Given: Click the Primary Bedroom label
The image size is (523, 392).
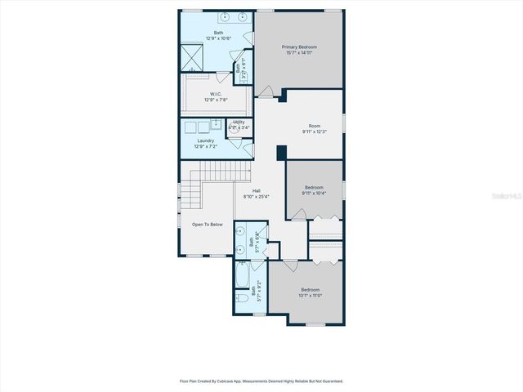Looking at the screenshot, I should coord(299,47).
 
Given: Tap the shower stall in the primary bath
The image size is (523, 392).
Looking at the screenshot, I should coord(194,56).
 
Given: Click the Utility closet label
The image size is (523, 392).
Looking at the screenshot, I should coord(239,122).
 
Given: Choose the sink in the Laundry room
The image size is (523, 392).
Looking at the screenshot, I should coord(216,126).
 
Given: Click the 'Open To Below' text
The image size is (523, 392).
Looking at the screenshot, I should coord(207,224).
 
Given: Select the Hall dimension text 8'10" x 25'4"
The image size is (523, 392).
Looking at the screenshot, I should coord(257,197).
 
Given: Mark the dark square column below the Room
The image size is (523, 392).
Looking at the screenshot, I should coord(280,154).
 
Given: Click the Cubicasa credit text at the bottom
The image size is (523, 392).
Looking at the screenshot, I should coord(261,381).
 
